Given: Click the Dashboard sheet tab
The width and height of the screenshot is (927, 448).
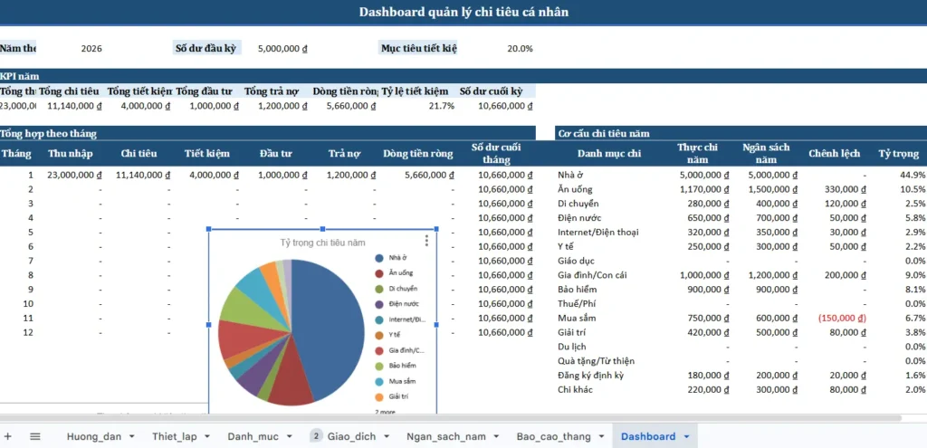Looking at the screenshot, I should (x=647, y=436).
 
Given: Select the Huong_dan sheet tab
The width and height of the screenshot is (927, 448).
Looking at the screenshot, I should (x=93, y=436).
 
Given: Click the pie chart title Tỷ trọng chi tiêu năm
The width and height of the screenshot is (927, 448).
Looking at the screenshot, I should (x=323, y=243).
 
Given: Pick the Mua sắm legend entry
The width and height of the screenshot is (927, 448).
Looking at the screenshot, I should (x=402, y=382).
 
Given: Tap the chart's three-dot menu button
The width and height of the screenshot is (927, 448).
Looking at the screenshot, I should (x=426, y=241).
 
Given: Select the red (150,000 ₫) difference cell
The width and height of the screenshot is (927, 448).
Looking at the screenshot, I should (x=843, y=318).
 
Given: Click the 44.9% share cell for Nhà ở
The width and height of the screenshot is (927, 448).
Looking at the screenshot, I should (x=913, y=175).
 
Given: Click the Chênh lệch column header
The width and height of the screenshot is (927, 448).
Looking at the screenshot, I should (x=834, y=154).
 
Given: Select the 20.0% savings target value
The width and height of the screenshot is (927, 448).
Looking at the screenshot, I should (x=520, y=48).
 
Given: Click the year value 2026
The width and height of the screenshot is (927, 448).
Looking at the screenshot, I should (x=91, y=48).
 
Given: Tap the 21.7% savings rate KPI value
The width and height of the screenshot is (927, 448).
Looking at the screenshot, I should (x=441, y=106).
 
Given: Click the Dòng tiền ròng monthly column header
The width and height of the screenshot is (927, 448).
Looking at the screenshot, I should (x=417, y=154).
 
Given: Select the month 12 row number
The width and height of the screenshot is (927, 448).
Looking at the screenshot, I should (x=29, y=332).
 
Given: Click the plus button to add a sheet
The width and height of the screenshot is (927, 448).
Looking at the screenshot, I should (x=8, y=436).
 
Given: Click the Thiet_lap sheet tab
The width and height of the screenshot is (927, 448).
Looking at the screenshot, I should (x=174, y=436).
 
